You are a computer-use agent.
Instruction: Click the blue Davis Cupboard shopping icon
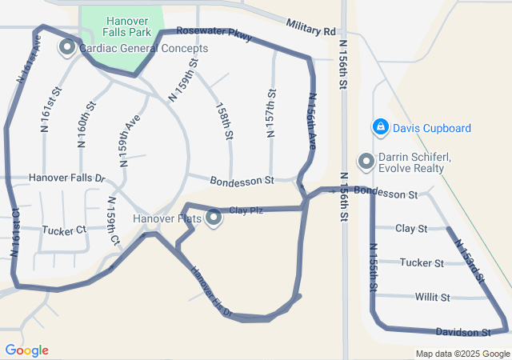(381, 127)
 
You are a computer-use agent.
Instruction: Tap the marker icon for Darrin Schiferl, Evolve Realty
(366, 162)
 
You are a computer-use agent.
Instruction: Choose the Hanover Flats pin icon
(214, 218)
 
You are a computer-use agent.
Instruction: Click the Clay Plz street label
(246, 210)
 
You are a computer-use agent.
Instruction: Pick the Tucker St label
(422, 262)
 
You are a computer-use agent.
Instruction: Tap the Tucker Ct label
(63, 230)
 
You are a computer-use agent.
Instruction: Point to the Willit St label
(433, 297)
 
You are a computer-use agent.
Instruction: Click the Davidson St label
(462, 331)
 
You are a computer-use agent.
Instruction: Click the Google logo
(26, 350)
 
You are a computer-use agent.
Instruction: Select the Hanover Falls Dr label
(66, 178)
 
